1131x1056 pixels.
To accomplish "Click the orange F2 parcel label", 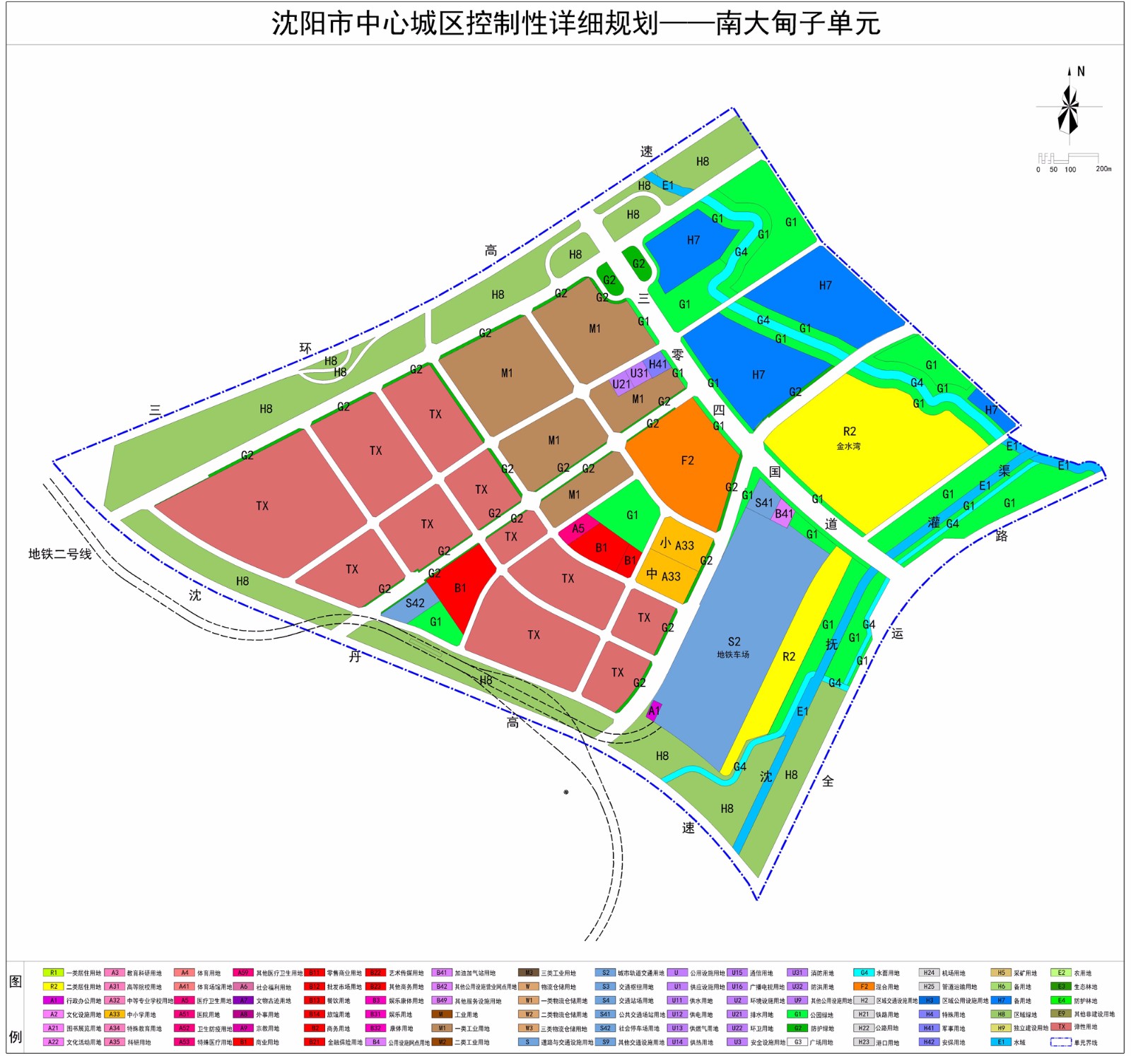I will point(687,461).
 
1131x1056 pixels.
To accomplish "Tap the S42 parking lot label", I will point(415,603).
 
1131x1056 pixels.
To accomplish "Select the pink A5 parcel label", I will point(578,528).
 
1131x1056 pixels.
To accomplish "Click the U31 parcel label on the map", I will point(639,373).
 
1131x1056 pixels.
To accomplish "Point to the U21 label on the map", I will point(621,384).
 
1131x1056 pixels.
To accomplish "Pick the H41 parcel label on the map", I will point(658,364).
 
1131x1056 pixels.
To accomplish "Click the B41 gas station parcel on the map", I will point(783,514).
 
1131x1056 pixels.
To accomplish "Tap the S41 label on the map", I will point(764,503).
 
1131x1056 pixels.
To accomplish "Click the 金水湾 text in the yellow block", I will point(848,446).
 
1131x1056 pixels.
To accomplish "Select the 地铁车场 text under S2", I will point(733,655).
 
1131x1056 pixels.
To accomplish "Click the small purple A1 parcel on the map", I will point(654,711).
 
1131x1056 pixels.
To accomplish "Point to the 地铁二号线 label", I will point(60,554).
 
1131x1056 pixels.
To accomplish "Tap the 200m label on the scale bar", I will point(1103,169).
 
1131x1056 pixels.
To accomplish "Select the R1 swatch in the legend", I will point(53,973).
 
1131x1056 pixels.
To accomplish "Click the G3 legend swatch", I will point(797,1042).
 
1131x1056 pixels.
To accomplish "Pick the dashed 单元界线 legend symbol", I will point(1060,1042).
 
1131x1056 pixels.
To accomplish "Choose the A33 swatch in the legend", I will point(114,1014).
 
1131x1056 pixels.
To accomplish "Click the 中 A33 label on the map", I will point(663,576).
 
